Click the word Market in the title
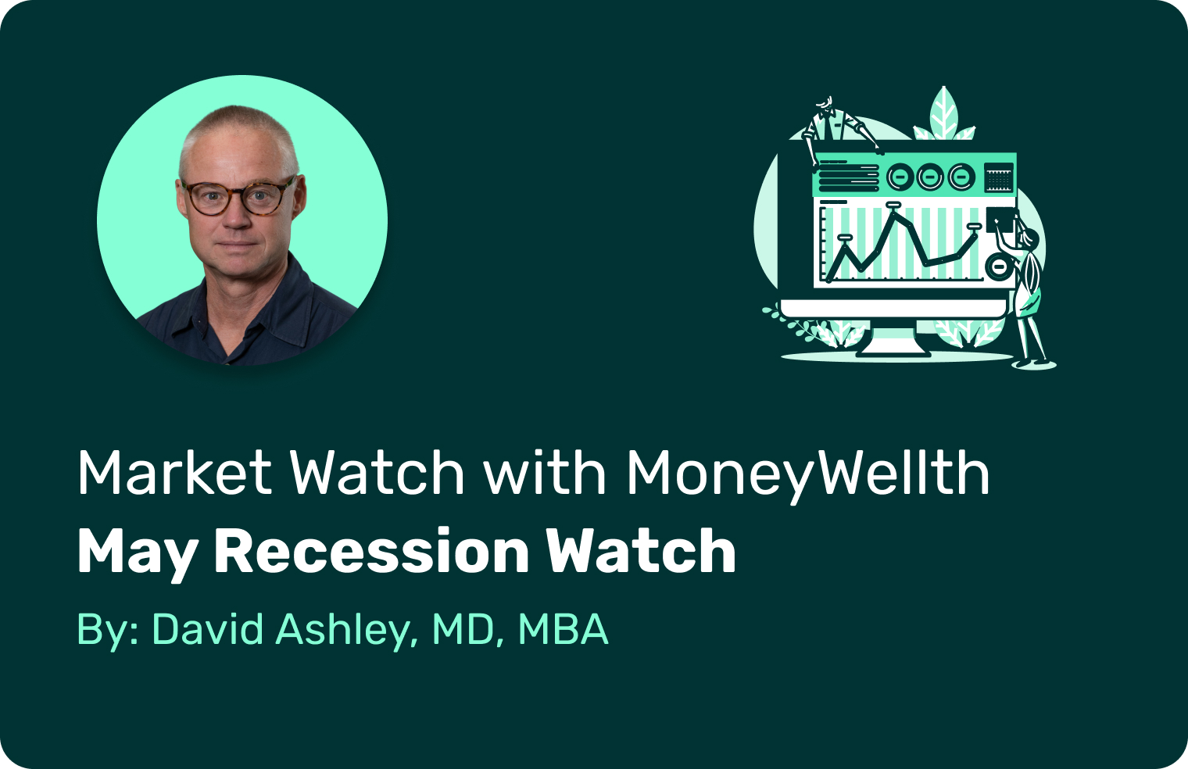pos(175,472)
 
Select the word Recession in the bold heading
pos(371,552)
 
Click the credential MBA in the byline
pos(563,629)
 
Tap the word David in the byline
pos(207,629)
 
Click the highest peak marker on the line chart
pos(893,204)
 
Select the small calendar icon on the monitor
pos(999,177)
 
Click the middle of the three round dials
pos(930,177)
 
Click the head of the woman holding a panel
pos(1030,238)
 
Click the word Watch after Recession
pos(641,552)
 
